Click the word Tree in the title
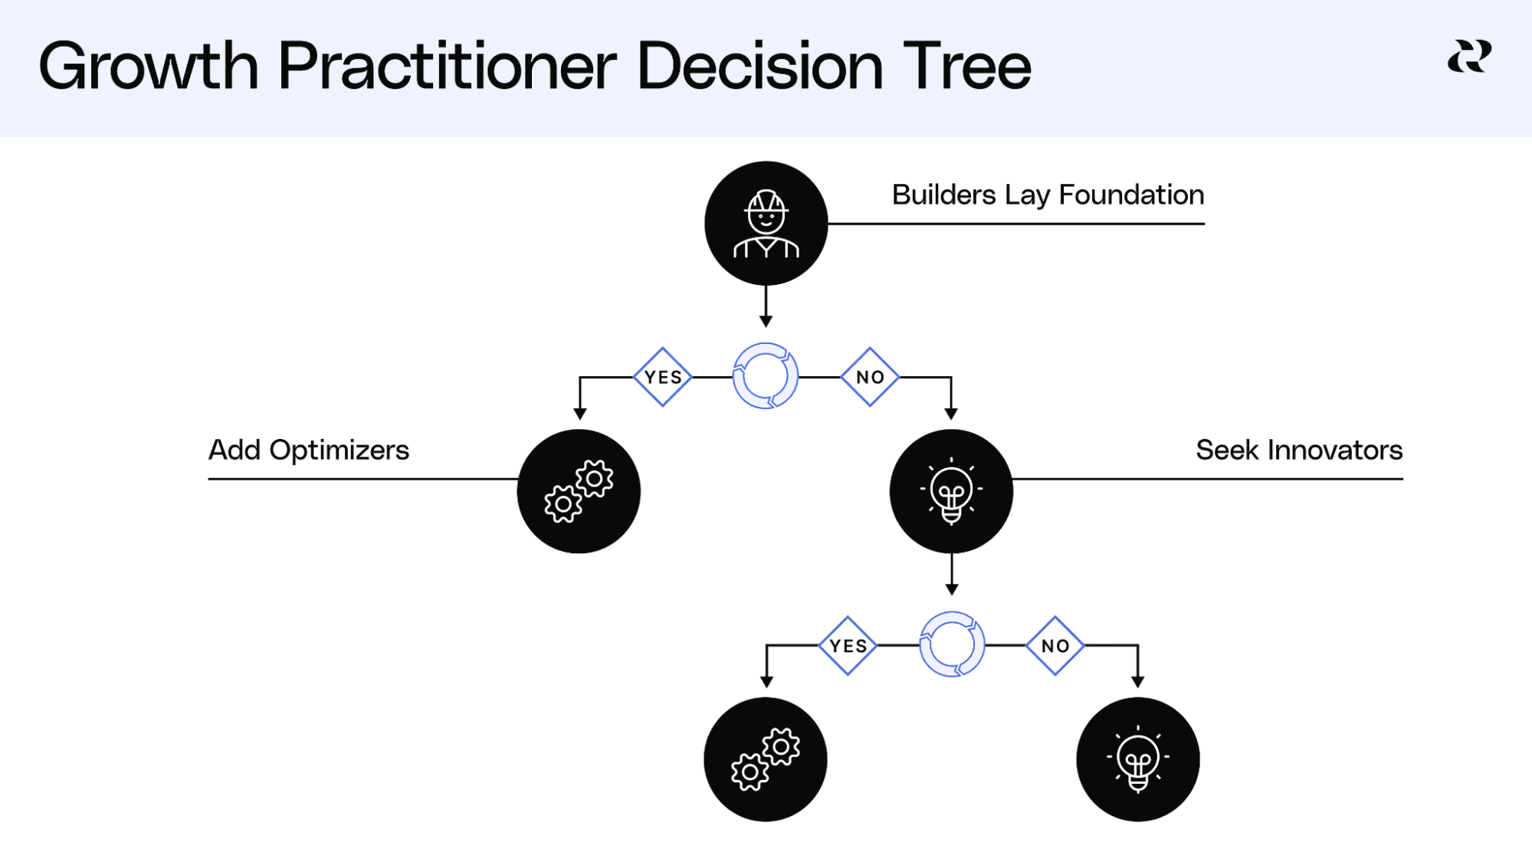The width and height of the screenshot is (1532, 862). coord(966,67)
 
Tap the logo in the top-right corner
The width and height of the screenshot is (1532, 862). coord(1469,57)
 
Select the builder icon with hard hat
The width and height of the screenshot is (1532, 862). coord(766,223)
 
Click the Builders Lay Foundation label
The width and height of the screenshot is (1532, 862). coord(1048,195)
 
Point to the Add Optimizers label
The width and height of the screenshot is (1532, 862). coord(309,451)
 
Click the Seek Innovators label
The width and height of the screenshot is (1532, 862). coord(1299,451)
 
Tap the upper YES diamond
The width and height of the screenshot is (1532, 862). coord(663,377)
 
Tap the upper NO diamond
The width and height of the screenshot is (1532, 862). coord(870,377)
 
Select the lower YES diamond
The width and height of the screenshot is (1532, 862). coord(848,646)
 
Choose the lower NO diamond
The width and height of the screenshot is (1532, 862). coord(1055,646)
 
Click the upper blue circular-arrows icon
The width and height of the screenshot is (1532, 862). coord(766,376)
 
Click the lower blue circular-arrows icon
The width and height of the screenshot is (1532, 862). coord(952,644)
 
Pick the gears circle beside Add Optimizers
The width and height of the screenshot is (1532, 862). coord(579,491)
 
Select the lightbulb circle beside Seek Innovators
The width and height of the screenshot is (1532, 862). coord(951,491)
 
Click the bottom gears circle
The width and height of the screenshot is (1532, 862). coord(766,759)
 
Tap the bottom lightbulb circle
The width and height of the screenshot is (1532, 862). coord(1138,759)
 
